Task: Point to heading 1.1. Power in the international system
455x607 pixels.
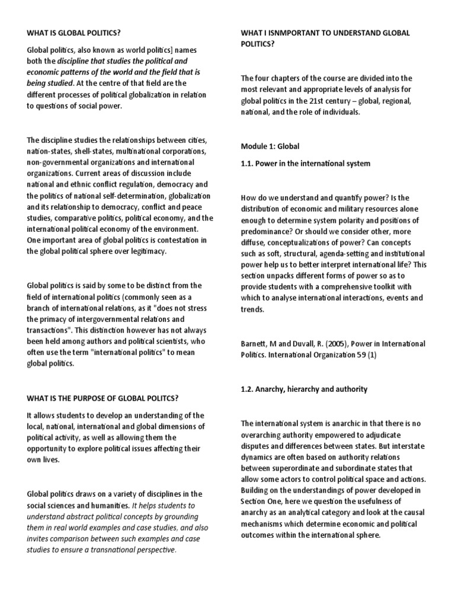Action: click(x=305, y=164)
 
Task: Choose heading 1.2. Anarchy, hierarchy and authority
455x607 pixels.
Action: click(x=304, y=389)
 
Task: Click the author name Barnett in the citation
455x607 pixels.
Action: click(x=257, y=344)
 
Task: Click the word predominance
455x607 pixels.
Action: click(x=268, y=231)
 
